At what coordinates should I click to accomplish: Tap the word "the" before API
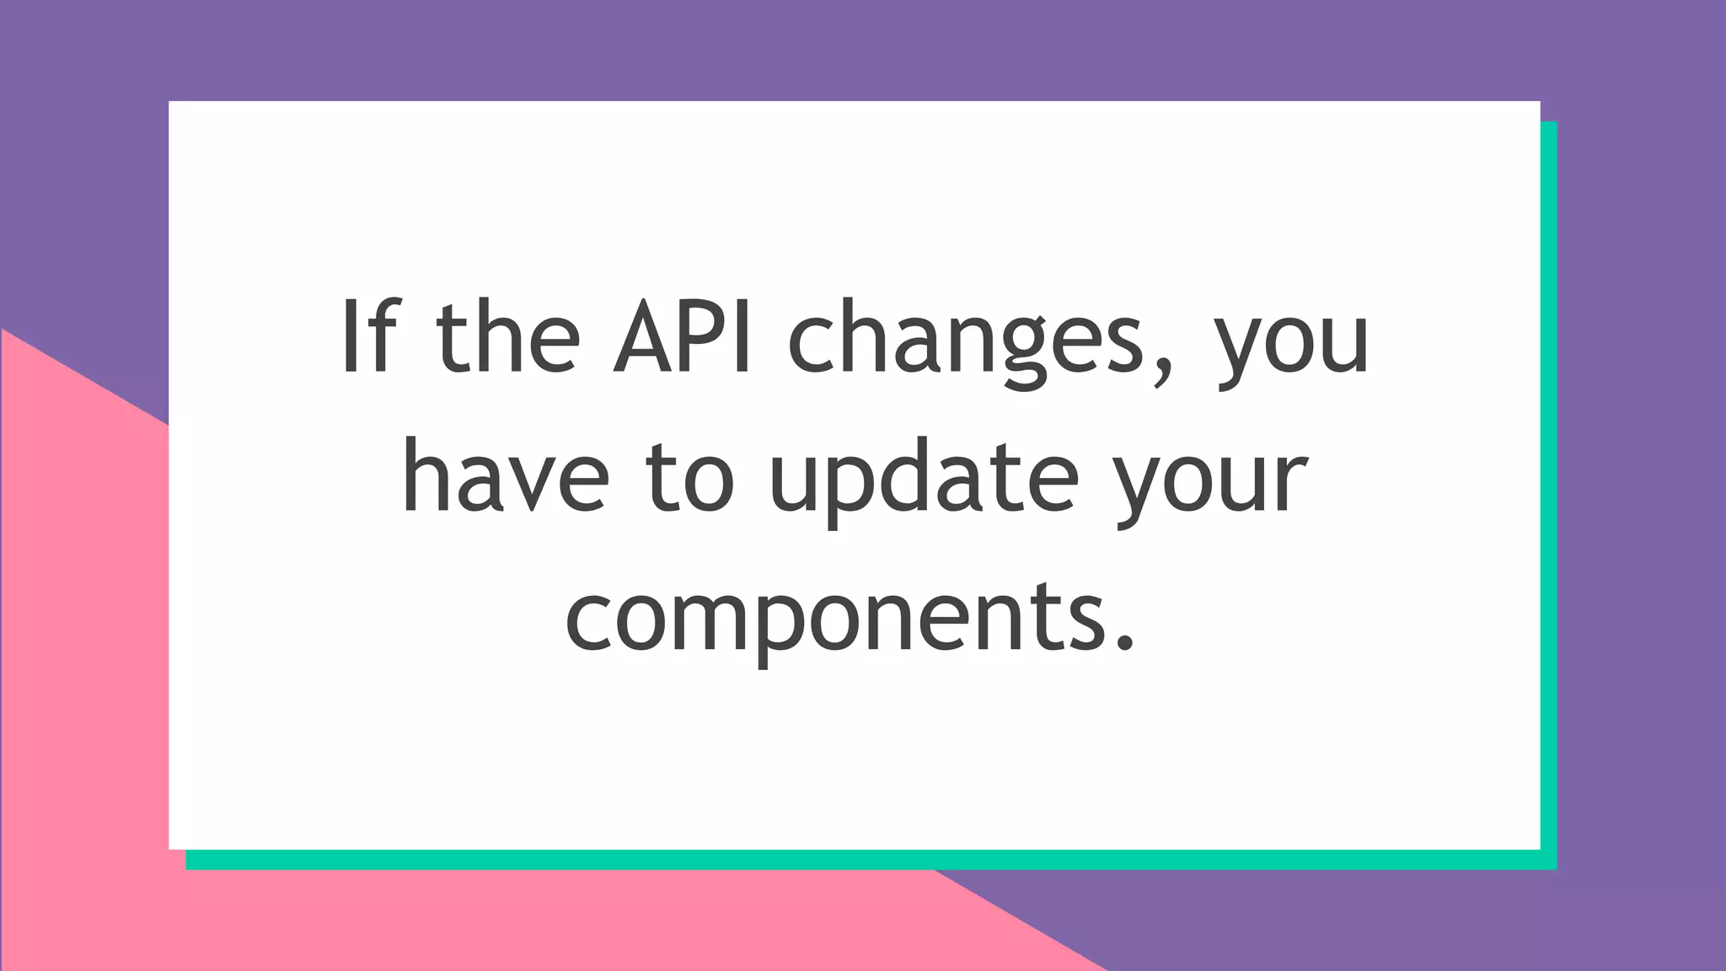508,335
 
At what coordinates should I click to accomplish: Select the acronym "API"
683,335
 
